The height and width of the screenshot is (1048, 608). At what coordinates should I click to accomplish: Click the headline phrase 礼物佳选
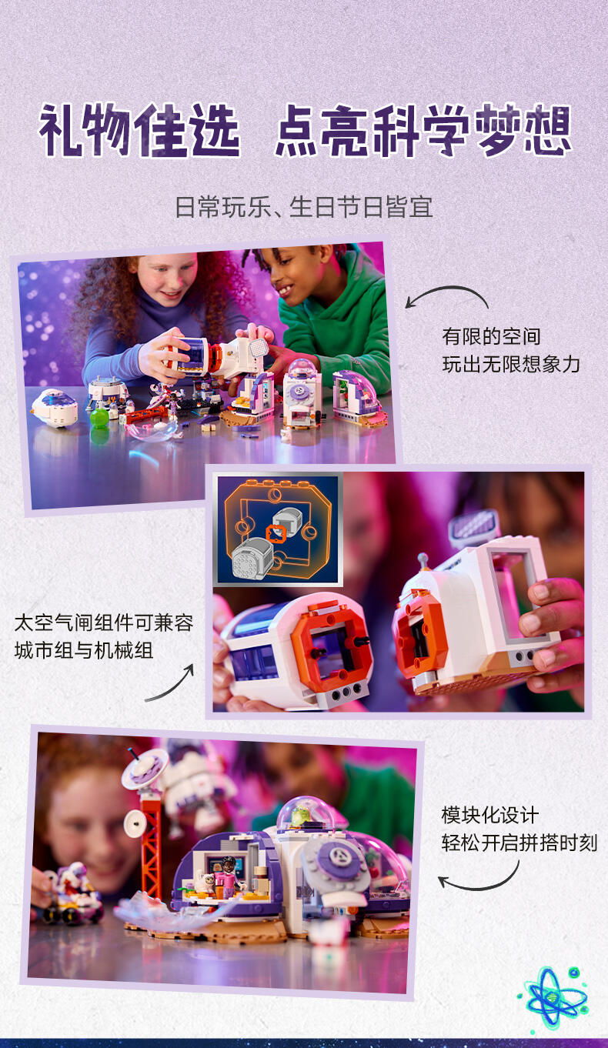coord(139,130)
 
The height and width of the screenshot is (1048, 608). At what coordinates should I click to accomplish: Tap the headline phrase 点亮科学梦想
coord(423,130)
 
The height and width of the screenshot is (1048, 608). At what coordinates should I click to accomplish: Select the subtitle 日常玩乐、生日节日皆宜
coord(304,207)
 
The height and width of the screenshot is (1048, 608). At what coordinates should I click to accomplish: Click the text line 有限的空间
coord(492,336)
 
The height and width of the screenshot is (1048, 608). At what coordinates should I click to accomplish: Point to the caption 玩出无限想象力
coord(511,365)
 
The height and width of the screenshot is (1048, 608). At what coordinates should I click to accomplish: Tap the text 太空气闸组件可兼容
coord(104,622)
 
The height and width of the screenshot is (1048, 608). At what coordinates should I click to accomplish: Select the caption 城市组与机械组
coord(84,651)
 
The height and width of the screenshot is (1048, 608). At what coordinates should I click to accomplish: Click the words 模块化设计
coord(490,816)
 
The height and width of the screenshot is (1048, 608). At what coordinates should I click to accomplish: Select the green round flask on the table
coord(99,417)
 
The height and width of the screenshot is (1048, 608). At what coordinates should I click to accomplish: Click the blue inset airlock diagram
coord(278,529)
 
